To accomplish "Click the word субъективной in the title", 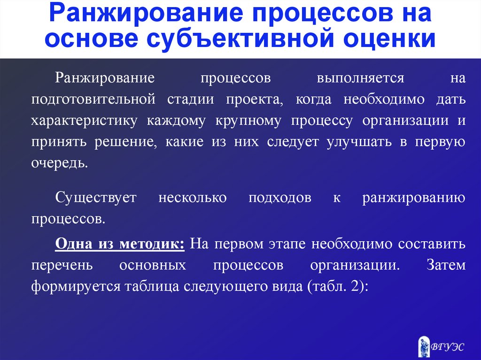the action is (x=240, y=38).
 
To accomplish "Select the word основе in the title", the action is (x=92, y=38).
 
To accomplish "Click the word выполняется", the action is (x=360, y=78).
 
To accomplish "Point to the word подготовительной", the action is (x=93, y=100).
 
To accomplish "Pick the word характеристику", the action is (x=84, y=121).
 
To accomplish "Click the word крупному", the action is (x=248, y=121).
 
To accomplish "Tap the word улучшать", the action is (x=359, y=142).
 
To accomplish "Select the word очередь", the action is (x=60, y=163).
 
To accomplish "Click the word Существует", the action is (x=96, y=198).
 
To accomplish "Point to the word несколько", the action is (x=192, y=198).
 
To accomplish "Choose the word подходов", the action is (x=280, y=198).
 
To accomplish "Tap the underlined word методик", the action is (x=152, y=244).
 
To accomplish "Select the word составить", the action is (x=432, y=244).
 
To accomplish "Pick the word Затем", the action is (x=446, y=265).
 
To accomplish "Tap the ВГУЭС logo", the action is (x=441, y=346).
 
